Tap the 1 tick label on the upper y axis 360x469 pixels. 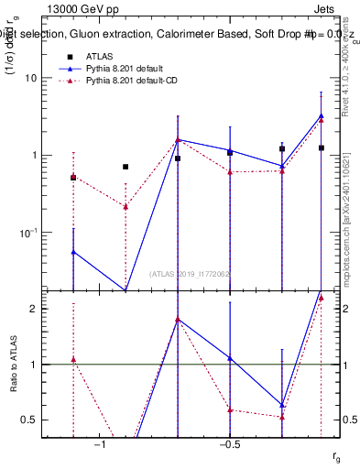(33, 155)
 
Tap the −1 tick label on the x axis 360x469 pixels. (100, 443)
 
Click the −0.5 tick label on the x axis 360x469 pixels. (229, 443)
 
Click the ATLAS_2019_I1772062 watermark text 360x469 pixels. (190, 273)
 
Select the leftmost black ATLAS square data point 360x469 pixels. (73, 178)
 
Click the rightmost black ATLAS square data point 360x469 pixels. (322, 147)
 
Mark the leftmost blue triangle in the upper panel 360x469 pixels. (73, 252)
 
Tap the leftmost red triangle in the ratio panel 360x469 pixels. (73, 359)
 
